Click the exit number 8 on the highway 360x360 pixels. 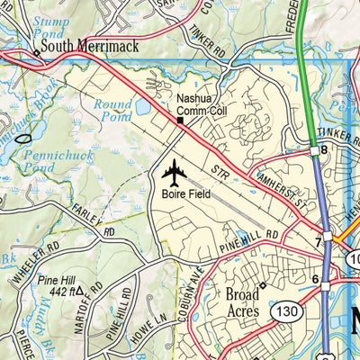(x=324, y=149)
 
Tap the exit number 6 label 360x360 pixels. (x=315, y=280)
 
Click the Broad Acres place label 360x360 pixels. (x=242, y=303)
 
